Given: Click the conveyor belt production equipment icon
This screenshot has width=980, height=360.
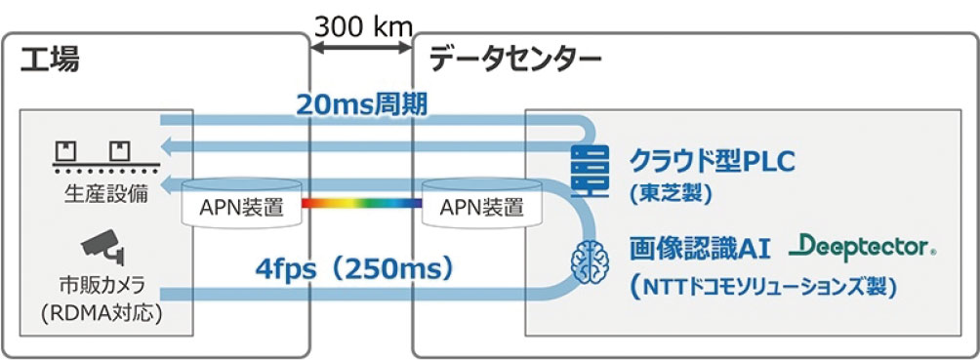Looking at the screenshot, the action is (94, 153).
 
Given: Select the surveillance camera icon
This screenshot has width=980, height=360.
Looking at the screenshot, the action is (100, 246).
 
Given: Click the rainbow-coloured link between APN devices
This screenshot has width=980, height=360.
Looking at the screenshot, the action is (361, 204).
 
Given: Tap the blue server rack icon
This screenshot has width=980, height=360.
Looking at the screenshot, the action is (592, 171).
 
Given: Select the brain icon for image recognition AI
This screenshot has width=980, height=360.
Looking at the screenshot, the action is (591, 258).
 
